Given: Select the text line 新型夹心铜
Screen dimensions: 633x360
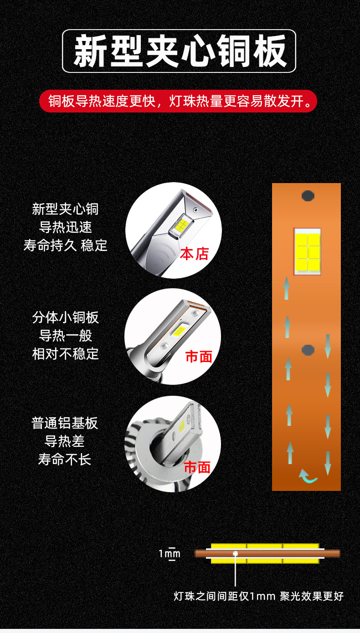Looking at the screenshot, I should [x=65, y=209].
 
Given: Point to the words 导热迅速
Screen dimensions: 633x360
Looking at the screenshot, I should [x=65, y=227].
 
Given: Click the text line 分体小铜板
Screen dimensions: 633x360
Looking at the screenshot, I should [x=65, y=317].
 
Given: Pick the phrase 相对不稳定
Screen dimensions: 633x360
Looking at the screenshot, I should [x=65, y=353].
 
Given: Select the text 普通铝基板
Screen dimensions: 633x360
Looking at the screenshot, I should [x=65, y=423].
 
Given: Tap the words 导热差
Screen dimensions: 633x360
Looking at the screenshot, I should [x=65, y=441].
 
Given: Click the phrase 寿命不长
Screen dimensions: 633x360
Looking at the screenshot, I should [x=65, y=459].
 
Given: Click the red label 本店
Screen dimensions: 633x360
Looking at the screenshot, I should [x=194, y=254].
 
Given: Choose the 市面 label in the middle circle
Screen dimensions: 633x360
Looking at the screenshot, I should [x=199, y=357].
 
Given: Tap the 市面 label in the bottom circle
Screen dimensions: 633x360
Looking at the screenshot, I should [x=197, y=467].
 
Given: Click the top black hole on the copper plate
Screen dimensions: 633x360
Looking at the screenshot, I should [x=308, y=196].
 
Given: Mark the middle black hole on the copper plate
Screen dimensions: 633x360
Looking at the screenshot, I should [x=308, y=350].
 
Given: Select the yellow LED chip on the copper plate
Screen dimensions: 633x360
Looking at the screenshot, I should [x=307, y=251].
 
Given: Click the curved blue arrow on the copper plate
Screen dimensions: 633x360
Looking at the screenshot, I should [x=308, y=476].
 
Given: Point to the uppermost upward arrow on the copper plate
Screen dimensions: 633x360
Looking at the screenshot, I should [x=287, y=288].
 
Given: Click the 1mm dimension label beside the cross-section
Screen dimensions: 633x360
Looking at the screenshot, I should [x=169, y=554].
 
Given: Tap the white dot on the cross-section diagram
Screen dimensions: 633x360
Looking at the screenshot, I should [x=235, y=554].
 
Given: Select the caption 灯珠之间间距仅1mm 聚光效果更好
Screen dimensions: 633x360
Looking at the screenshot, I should [x=258, y=596].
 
